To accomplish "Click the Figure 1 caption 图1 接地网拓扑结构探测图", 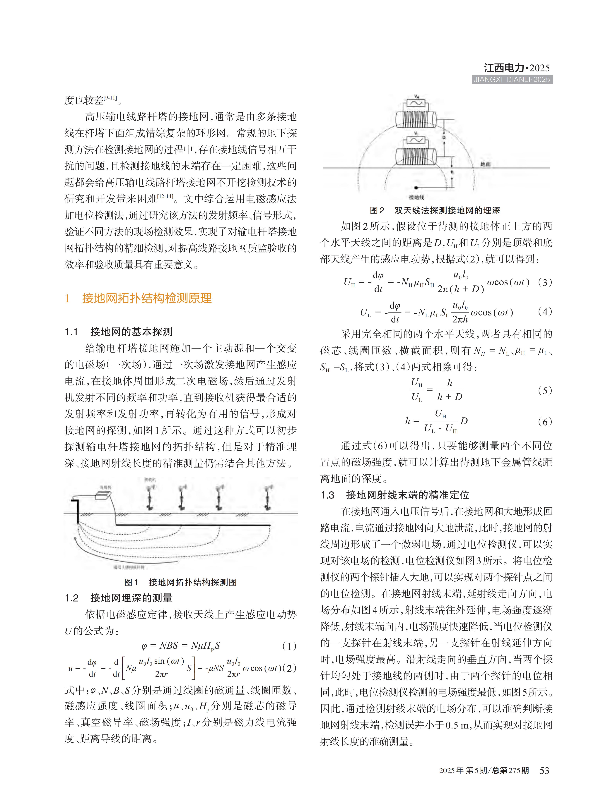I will click(180, 582).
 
